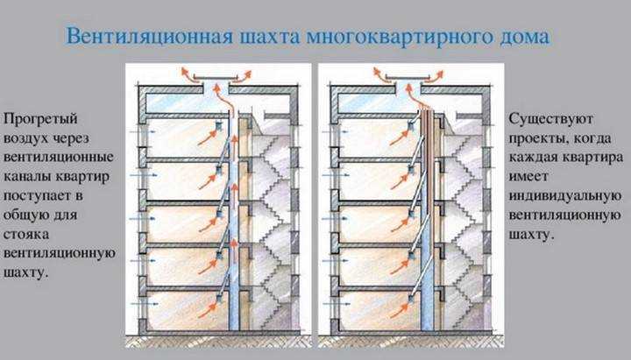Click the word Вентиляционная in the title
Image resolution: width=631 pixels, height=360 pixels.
point(150,37)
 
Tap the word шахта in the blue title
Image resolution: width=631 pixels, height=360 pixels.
point(270,37)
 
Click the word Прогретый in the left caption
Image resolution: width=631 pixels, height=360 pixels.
point(40,119)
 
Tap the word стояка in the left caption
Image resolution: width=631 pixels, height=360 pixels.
point(26,235)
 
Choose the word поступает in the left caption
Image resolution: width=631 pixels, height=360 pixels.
point(34,197)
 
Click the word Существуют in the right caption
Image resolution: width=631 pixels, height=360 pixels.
point(550,119)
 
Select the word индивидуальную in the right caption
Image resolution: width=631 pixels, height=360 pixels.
point(565,197)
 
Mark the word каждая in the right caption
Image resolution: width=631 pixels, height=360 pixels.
point(532,158)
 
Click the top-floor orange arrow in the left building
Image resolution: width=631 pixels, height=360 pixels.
point(207,138)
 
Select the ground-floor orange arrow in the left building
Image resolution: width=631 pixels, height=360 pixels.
point(208,310)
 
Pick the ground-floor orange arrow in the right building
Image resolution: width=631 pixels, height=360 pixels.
point(400,310)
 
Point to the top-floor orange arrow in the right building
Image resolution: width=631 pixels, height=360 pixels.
point(400,138)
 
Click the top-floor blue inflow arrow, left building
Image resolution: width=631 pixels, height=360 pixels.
point(142,131)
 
